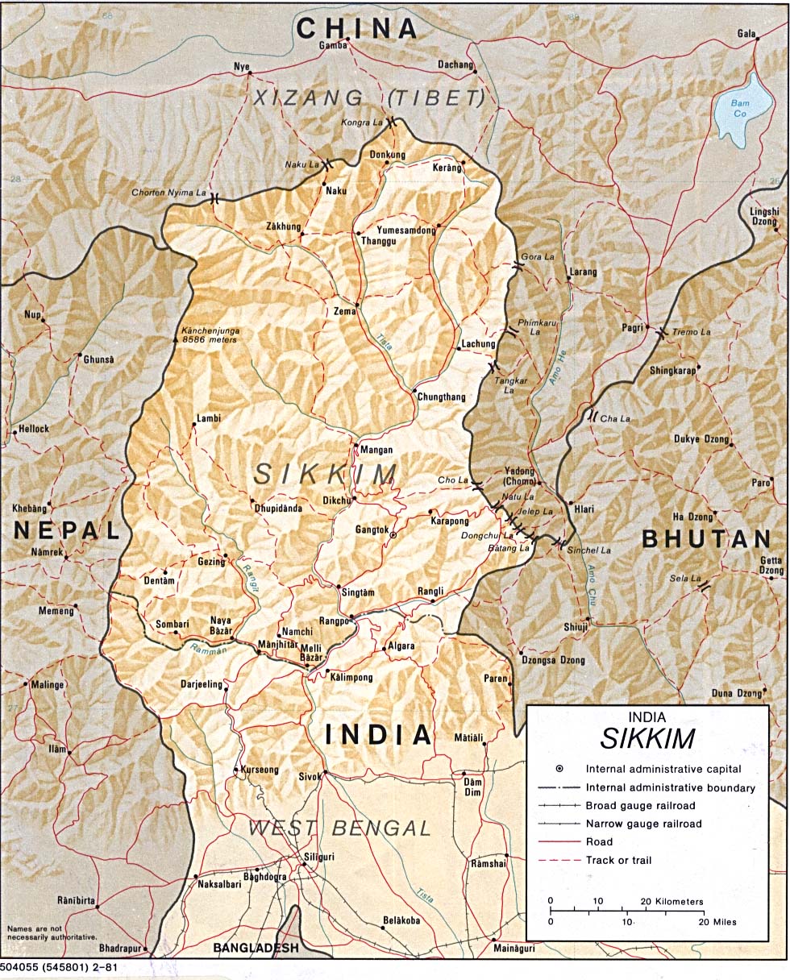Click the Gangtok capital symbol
click(x=393, y=535)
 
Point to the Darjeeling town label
click(x=201, y=684)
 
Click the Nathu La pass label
click(x=518, y=497)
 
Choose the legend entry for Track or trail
click(x=618, y=860)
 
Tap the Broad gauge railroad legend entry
click(x=640, y=805)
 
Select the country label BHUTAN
click(x=708, y=539)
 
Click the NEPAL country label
click(x=66, y=529)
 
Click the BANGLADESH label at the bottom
click(x=256, y=949)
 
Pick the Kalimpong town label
click(x=351, y=678)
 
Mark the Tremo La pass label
click(x=692, y=332)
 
